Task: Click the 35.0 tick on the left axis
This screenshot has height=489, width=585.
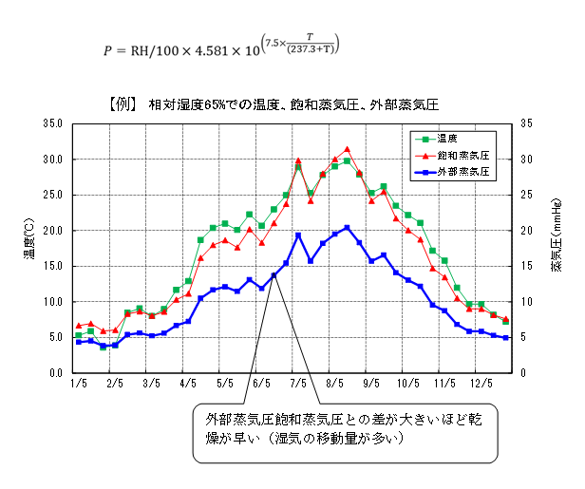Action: pos(53,123)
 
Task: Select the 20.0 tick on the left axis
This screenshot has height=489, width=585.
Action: pos(53,231)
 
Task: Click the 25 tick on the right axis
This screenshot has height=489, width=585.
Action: pos(527,195)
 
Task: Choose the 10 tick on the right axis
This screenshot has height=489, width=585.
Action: pos(527,302)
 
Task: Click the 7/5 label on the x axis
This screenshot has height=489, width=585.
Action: pos(298,384)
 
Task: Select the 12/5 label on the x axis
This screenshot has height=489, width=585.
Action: pos(481,384)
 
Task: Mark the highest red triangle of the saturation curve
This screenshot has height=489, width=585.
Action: pos(348,149)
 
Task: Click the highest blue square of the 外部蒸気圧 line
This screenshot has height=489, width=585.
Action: pos(348,228)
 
